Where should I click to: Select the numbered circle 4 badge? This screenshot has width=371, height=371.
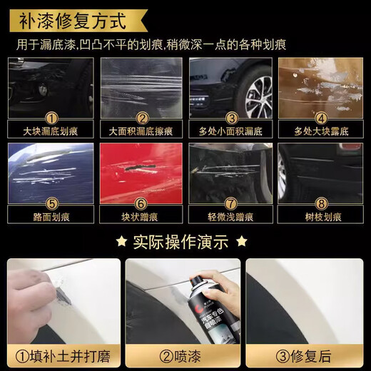pos(320,118)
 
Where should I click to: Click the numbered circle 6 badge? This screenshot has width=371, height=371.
pos(141,203)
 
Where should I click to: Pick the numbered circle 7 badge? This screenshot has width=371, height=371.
pos(231,203)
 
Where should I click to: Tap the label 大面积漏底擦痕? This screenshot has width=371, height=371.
pos(141,132)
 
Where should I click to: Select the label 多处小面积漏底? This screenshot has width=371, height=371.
pos(230,132)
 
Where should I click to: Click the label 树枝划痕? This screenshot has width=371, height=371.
pos(320,216)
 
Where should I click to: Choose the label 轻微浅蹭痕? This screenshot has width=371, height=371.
pos(230,216)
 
